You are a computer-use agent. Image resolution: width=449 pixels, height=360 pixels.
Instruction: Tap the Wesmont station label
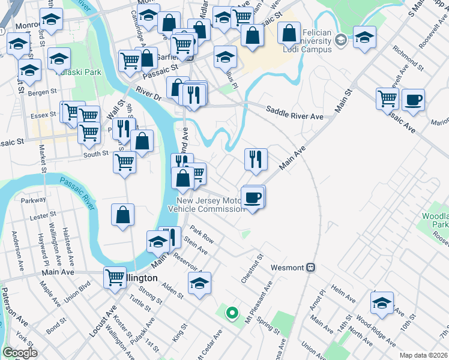click(287, 267)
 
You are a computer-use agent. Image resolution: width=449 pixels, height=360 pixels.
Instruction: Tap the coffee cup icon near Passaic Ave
click(413, 100)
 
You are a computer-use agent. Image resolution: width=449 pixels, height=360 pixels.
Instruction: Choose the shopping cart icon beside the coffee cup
click(388, 98)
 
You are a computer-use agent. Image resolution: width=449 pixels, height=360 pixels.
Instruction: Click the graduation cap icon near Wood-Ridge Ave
click(382, 303)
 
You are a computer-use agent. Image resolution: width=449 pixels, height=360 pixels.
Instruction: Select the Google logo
click(19, 353)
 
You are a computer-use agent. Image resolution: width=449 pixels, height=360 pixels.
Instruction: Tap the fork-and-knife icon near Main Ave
click(256, 159)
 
